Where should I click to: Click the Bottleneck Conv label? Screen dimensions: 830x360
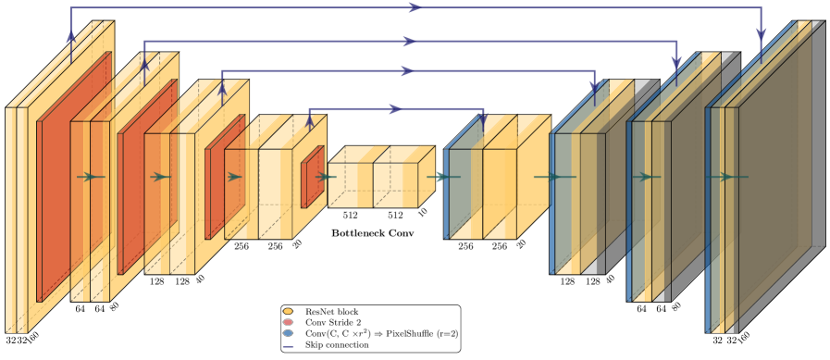click(373, 232)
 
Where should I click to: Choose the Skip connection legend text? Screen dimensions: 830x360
click(337, 344)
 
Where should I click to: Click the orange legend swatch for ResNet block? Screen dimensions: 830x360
click(288, 311)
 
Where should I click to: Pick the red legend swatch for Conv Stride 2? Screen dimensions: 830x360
click(288, 322)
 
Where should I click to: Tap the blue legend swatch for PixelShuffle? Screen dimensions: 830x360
click(288, 333)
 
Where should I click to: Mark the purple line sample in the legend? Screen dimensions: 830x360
click(288, 345)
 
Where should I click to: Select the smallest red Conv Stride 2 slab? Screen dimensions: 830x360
click(313, 177)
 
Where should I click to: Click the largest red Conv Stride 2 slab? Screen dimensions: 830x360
click(74, 177)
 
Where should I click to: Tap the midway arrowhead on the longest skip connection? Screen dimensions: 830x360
click(415, 6)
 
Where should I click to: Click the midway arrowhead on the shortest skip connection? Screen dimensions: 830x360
click(395, 109)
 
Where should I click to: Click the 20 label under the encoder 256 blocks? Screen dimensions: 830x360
click(298, 242)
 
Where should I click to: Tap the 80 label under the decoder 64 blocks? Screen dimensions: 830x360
click(675, 306)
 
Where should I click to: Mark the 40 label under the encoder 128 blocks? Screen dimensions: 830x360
click(200, 279)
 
